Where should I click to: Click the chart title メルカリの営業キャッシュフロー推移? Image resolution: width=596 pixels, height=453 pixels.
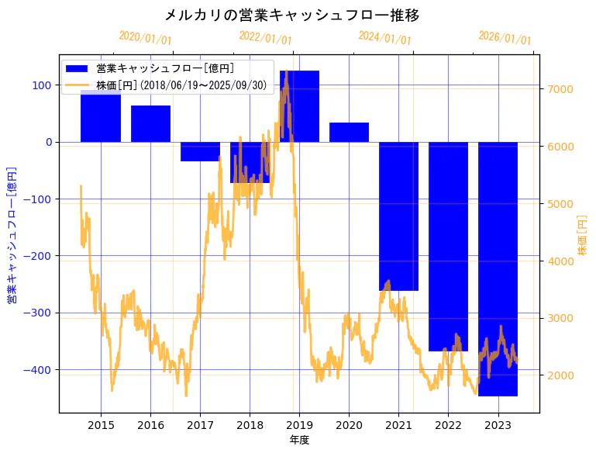[292, 16]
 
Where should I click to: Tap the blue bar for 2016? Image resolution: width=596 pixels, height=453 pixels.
[150, 124]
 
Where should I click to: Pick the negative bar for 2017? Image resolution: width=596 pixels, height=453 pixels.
[200, 152]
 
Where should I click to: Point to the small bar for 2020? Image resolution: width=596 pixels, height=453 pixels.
[349, 133]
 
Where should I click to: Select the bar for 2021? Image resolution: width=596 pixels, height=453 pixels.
[398, 216]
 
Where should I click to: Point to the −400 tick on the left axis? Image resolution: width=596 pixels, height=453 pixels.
[40, 370]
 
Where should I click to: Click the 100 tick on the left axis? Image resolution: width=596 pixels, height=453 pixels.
[43, 85]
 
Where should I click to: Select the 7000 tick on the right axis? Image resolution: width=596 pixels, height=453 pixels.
[560, 89]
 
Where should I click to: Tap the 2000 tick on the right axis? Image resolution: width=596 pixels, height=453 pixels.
[560, 375]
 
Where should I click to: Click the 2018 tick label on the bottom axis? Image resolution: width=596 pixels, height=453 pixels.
[250, 425]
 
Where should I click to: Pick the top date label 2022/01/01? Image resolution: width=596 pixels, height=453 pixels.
[266, 37]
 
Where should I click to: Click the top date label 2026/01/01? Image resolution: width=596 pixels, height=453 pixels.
[505, 37]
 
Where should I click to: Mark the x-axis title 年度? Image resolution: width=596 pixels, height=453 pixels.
[299, 440]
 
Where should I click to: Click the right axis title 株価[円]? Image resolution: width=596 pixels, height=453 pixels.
[583, 236]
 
